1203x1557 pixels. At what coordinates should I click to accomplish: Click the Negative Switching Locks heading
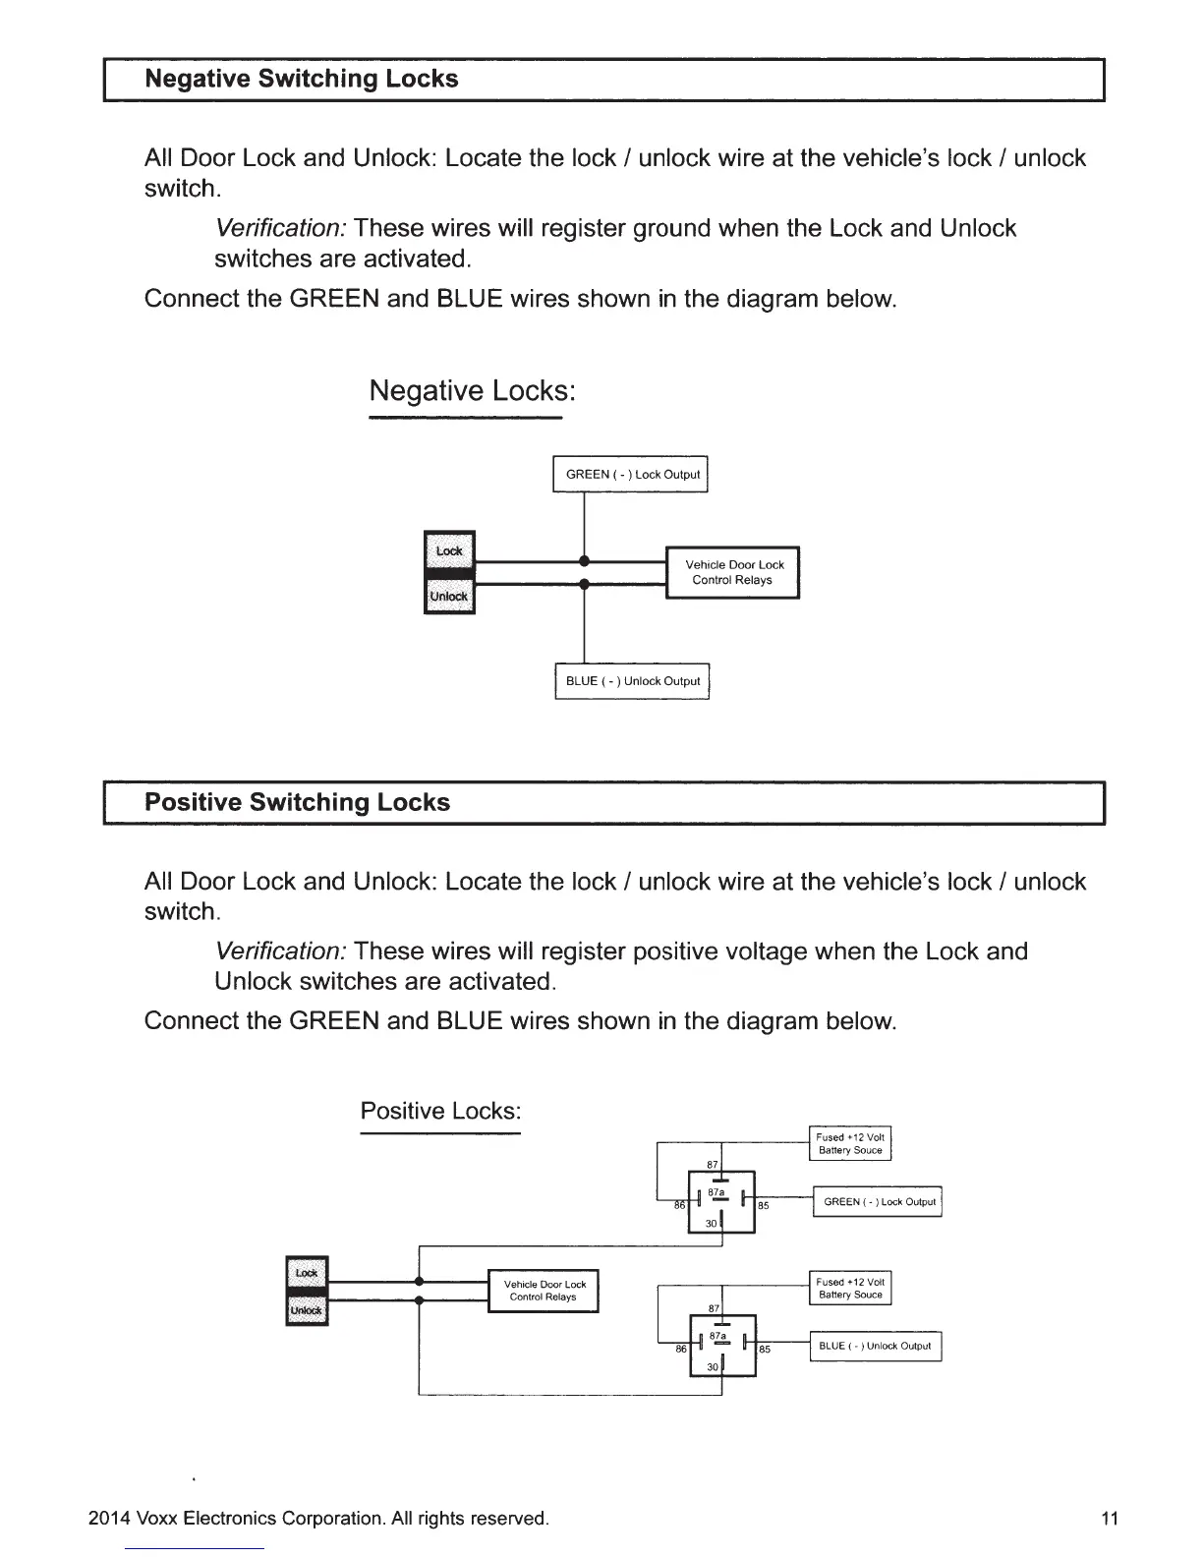(x=301, y=79)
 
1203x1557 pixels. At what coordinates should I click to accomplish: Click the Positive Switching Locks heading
(x=297, y=802)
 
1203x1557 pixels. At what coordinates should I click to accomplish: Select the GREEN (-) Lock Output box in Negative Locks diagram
(x=631, y=475)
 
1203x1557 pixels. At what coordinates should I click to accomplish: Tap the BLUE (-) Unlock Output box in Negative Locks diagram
(x=632, y=681)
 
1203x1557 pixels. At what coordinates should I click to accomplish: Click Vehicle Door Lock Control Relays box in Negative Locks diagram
(x=733, y=572)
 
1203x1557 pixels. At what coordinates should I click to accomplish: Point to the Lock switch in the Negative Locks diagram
(x=449, y=549)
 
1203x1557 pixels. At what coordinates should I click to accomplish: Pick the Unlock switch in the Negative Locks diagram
(x=449, y=597)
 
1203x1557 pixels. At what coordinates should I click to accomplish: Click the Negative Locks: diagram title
(x=471, y=391)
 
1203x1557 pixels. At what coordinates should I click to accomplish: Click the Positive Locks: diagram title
(x=439, y=1111)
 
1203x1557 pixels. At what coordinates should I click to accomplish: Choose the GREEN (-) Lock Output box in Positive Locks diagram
(x=878, y=1202)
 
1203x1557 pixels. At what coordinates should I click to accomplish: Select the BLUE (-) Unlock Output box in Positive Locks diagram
(x=875, y=1347)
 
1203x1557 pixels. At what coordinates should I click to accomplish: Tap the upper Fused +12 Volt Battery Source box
(x=850, y=1143)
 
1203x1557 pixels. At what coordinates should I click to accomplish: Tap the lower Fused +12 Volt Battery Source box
(x=850, y=1288)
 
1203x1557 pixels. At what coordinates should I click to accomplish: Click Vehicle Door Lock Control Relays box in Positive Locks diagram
(x=544, y=1291)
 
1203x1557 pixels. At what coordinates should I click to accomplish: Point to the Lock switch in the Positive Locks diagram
(x=307, y=1273)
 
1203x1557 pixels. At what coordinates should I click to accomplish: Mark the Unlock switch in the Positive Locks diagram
(x=307, y=1310)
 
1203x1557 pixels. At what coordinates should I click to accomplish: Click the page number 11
(x=1110, y=1519)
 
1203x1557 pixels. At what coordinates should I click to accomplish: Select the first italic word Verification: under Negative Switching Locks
(x=280, y=229)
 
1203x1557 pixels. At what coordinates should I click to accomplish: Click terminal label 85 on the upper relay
(x=764, y=1205)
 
